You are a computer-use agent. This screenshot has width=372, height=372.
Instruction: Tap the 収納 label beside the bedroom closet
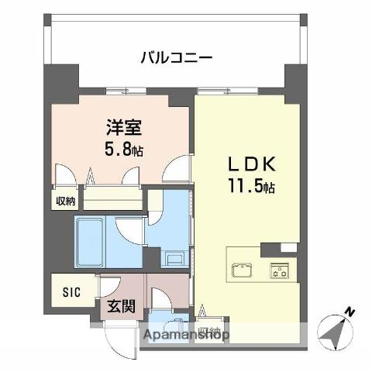65,201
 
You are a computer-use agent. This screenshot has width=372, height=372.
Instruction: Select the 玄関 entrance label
122,305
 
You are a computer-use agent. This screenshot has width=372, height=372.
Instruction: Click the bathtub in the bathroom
94,231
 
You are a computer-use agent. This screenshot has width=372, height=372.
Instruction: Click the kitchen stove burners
277,270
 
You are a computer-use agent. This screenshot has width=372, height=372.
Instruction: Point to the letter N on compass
350,312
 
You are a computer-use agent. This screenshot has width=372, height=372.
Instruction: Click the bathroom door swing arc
128,230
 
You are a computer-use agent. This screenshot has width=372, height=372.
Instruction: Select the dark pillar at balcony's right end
295,77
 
